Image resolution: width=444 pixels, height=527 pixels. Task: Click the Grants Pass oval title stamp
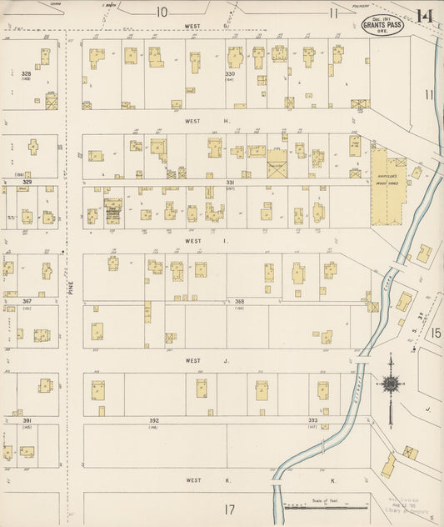tap(382, 28)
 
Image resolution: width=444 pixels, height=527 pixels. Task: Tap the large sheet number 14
tap(424, 15)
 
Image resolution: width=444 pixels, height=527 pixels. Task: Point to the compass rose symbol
tap(389, 384)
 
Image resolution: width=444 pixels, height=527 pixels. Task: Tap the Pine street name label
tap(72, 287)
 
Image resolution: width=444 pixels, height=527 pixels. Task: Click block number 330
tap(230, 74)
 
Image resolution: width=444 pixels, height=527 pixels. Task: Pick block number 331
tap(230, 182)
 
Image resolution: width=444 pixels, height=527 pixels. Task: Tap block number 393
tap(313, 420)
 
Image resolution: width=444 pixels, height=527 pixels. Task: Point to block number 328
tap(26, 74)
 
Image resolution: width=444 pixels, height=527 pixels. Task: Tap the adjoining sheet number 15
tap(436, 333)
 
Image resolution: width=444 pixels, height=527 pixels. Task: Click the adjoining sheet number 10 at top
tap(161, 12)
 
